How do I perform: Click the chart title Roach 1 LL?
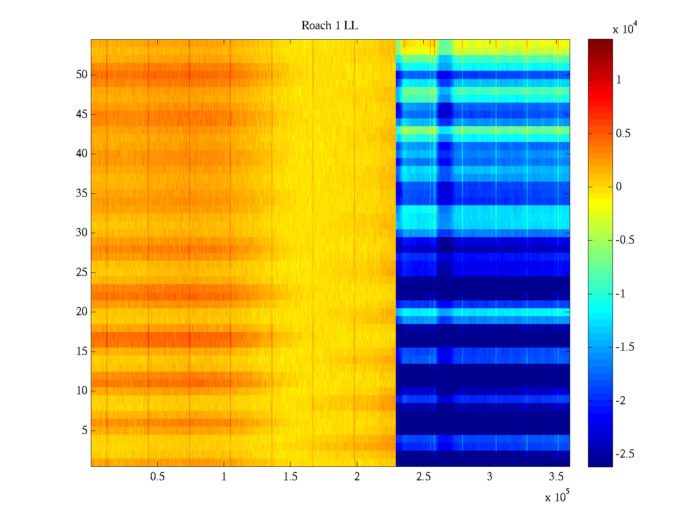pyautogui.click(x=329, y=26)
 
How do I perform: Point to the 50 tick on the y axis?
pyautogui.click(x=82, y=75)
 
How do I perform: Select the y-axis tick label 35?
pyautogui.click(x=82, y=193)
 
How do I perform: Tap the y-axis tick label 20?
pyautogui.click(x=82, y=312)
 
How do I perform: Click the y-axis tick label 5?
pyautogui.click(x=84, y=431)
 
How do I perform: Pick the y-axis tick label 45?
pyautogui.click(x=82, y=114)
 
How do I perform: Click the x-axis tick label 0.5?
pyautogui.click(x=157, y=477)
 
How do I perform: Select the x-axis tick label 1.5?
pyautogui.click(x=290, y=477)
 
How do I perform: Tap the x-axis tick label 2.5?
pyautogui.click(x=423, y=477)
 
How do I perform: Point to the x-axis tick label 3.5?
pyautogui.click(x=556, y=477)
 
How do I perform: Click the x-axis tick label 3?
pyautogui.click(x=490, y=477)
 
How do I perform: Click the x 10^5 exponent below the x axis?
pyautogui.click(x=557, y=496)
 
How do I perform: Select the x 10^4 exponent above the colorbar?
pyautogui.click(x=625, y=29)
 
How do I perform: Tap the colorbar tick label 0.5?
pyautogui.click(x=623, y=134)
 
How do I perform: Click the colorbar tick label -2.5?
pyautogui.click(x=625, y=454)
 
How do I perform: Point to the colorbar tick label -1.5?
pyautogui.click(x=625, y=347)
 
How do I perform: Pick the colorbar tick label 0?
pyautogui.click(x=619, y=187)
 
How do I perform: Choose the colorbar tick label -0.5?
pyautogui.click(x=625, y=240)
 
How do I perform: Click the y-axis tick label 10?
pyautogui.click(x=82, y=391)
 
